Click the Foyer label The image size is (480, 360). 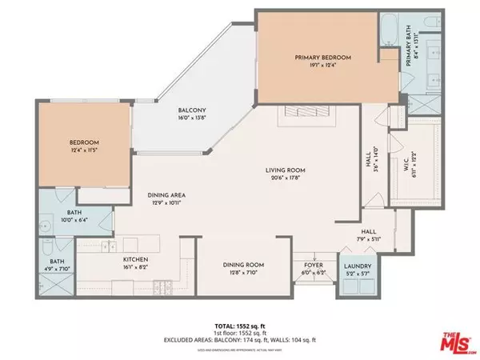tap(307, 266)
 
